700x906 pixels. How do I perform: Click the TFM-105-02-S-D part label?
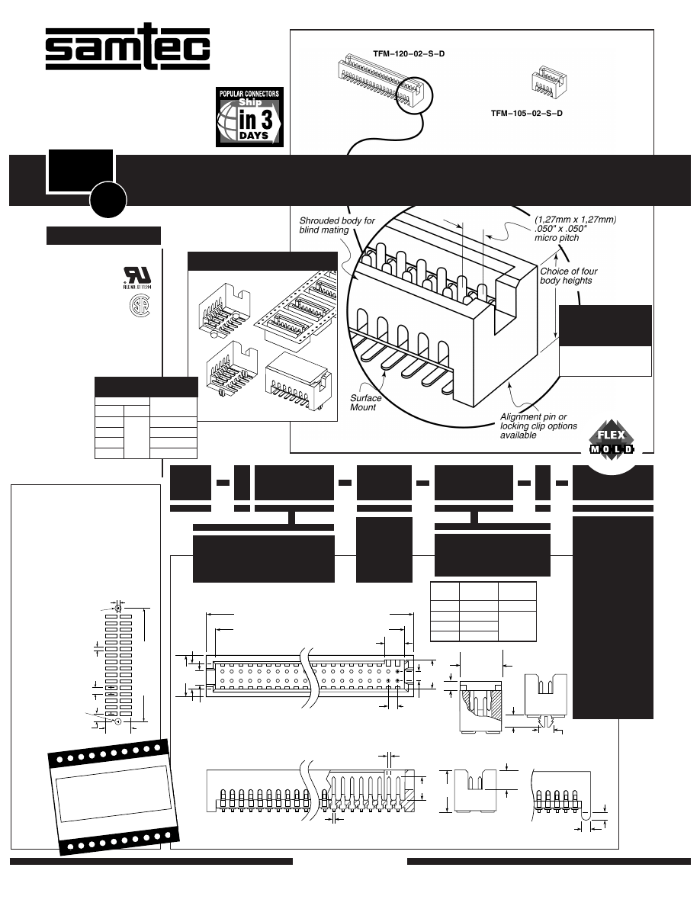[525, 113]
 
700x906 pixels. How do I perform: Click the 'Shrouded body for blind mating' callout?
[337, 226]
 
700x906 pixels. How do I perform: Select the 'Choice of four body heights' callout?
[568, 276]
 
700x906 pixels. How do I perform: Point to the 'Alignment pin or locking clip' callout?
[538, 426]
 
